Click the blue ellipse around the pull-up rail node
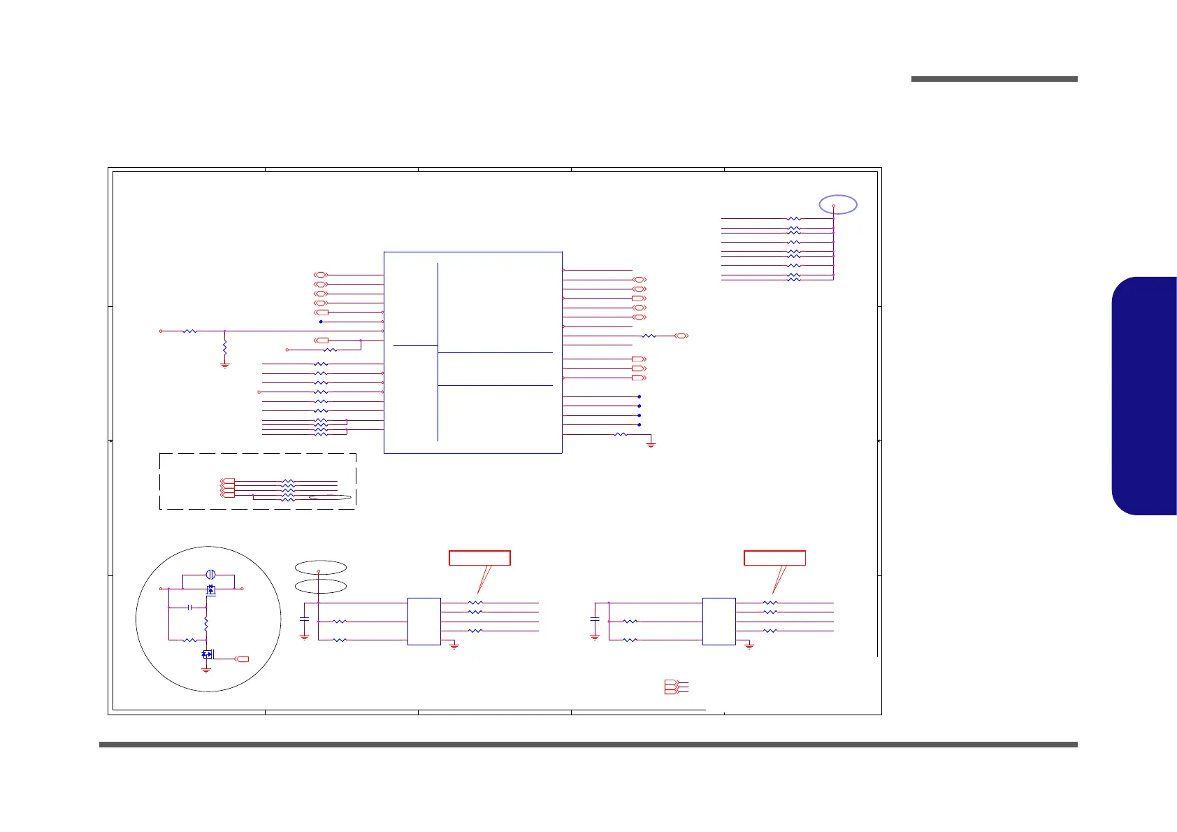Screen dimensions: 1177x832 click(838, 204)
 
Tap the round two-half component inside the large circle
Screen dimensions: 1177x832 click(210, 574)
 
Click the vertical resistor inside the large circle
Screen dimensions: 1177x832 click(206, 622)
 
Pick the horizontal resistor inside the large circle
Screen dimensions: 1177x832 click(189, 640)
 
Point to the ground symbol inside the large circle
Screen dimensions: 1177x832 click(206, 670)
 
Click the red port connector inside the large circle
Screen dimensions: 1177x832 click(242, 659)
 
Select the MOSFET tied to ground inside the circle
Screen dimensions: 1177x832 click(207, 654)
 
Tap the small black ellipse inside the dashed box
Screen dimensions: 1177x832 click(329, 498)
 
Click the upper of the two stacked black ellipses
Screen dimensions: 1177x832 click(320, 566)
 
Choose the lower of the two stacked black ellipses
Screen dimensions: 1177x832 click(320, 586)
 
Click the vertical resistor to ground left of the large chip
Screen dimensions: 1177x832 click(224, 347)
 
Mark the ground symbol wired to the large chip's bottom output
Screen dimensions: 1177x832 click(651, 445)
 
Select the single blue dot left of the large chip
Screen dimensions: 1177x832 click(321, 322)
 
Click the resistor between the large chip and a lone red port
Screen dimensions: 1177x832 click(649, 336)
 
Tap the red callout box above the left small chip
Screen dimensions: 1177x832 click(479, 558)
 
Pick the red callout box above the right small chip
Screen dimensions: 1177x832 click(774, 558)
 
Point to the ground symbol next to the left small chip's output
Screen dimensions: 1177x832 click(454, 647)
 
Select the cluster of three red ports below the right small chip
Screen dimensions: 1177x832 click(670, 687)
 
